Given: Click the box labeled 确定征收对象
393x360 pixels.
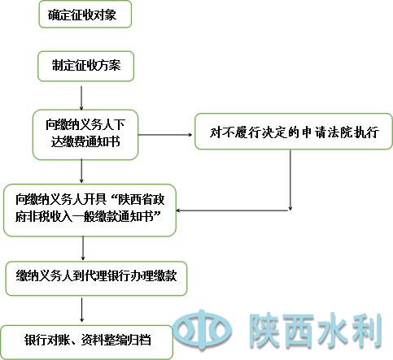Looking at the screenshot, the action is point(85,14).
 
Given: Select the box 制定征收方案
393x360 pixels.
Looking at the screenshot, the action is point(85,67).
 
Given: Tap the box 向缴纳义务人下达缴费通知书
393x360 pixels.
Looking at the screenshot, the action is point(85,135).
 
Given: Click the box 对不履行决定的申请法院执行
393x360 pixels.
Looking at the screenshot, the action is point(294,132).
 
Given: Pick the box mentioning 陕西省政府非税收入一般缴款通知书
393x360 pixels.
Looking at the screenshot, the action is point(90,210).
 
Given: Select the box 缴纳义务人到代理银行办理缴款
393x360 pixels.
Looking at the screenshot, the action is point(96,278).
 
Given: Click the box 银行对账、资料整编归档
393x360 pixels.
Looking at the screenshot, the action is point(87,342).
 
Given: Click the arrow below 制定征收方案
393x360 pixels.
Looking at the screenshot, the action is point(81,98).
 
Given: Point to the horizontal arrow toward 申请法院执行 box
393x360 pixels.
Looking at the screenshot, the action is point(165,135).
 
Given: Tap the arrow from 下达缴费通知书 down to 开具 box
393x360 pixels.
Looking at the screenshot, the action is point(81,171).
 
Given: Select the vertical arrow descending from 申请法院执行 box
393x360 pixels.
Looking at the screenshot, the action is point(290,180).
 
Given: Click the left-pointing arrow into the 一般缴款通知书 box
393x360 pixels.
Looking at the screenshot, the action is point(234,210).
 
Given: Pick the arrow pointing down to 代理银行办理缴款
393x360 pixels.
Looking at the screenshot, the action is point(83,249).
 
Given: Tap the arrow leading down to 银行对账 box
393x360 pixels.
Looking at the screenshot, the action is point(81,310).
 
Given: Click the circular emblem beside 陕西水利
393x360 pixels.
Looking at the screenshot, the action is point(202,330).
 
